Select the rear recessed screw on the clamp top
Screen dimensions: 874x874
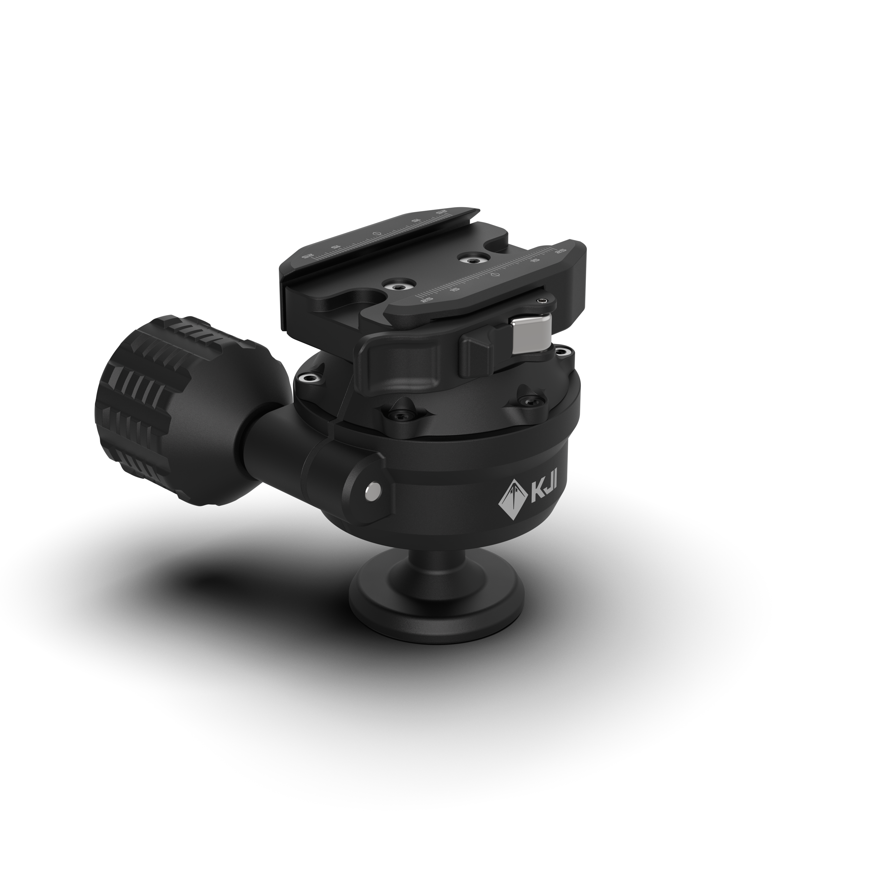(473, 260)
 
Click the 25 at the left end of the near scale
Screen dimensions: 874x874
(426, 299)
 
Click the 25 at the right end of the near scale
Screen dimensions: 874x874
(561, 250)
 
